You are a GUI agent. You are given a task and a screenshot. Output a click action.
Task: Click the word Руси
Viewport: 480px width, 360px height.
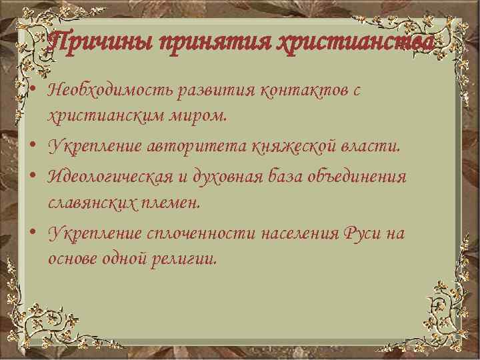tap(364, 233)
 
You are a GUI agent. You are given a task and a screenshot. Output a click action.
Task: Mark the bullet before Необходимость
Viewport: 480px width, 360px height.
tap(32, 91)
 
